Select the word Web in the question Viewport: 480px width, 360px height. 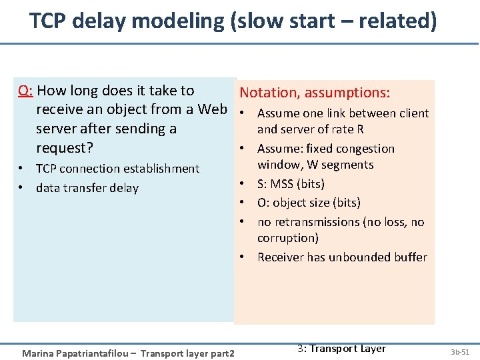214,109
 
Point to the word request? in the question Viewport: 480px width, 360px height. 64,147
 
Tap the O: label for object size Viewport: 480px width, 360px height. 264,203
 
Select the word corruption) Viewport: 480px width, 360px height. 288,238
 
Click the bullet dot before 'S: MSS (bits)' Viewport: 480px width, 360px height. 245,184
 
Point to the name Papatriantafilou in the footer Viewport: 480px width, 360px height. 99,352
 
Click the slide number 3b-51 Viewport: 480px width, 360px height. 459,351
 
